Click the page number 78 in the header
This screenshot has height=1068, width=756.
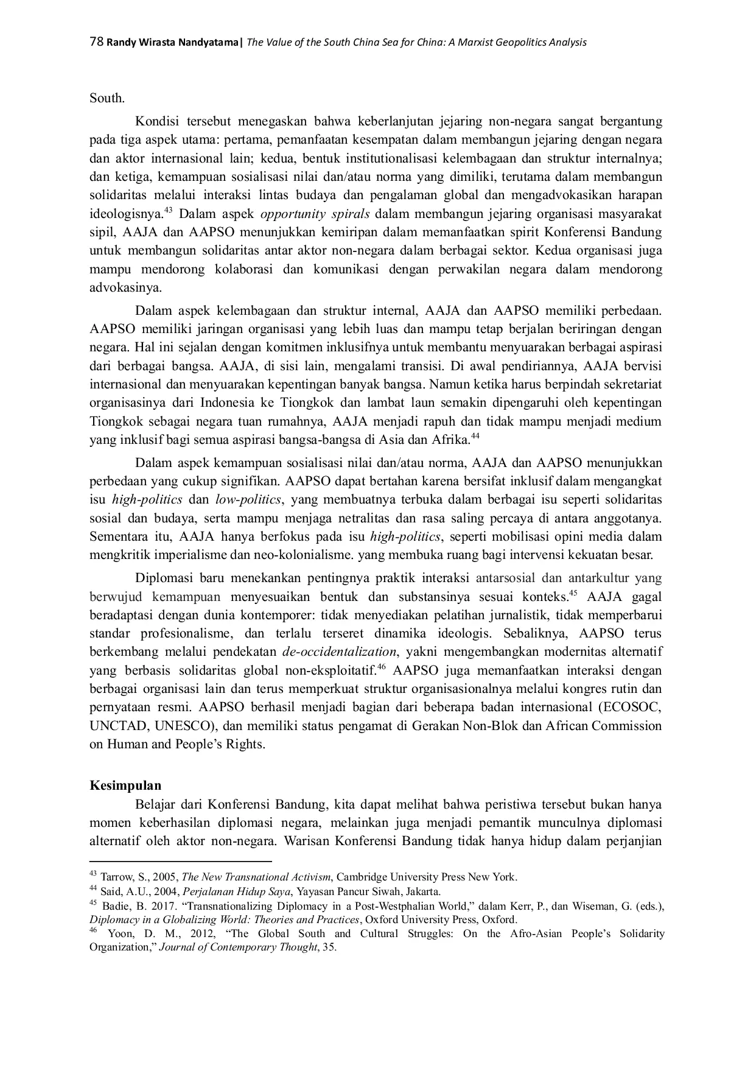[96, 42]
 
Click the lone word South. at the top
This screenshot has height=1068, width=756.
[107, 97]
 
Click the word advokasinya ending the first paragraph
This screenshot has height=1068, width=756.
[125, 288]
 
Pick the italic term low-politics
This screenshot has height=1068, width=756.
[248, 499]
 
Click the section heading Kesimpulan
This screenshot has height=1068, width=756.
[125, 785]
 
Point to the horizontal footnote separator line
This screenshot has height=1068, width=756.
[180, 862]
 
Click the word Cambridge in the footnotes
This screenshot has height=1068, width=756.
[360, 877]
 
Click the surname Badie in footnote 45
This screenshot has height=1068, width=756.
[113, 906]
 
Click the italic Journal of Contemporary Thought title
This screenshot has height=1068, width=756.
[238, 947]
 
